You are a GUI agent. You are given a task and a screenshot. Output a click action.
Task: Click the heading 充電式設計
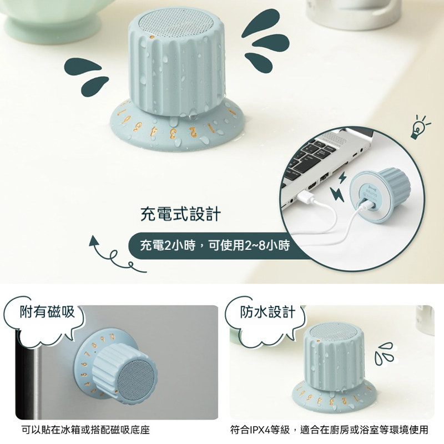(180, 214)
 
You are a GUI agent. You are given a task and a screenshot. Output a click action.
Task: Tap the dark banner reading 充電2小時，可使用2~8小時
(215, 245)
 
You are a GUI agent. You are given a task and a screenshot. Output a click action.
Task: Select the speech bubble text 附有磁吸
(47, 311)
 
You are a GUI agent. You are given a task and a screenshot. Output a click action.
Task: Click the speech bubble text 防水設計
(268, 311)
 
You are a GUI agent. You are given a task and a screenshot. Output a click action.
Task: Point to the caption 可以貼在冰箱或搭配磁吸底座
(85, 430)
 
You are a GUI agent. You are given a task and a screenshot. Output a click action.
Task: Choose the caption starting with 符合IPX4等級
(329, 430)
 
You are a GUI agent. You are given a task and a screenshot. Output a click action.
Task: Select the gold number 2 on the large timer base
(193, 132)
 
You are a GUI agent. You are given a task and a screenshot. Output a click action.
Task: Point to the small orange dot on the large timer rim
(152, 37)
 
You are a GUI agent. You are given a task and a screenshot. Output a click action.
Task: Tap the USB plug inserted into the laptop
(304, 195)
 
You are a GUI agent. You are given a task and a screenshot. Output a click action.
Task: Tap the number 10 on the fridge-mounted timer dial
(113, 337)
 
